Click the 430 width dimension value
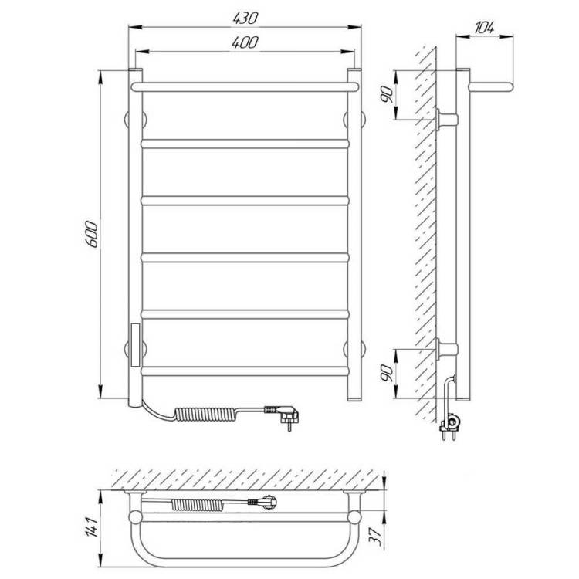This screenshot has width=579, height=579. [245, 18]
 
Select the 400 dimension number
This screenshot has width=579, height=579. [245, 42]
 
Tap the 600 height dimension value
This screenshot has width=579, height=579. [92, 234]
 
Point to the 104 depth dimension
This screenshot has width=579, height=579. [484, 27]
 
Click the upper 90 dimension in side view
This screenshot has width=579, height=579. [387, 94]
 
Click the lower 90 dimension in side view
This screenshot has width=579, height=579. [387, 374]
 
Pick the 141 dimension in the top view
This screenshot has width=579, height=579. [93, 527]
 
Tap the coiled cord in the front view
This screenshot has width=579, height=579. [205, 414]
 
